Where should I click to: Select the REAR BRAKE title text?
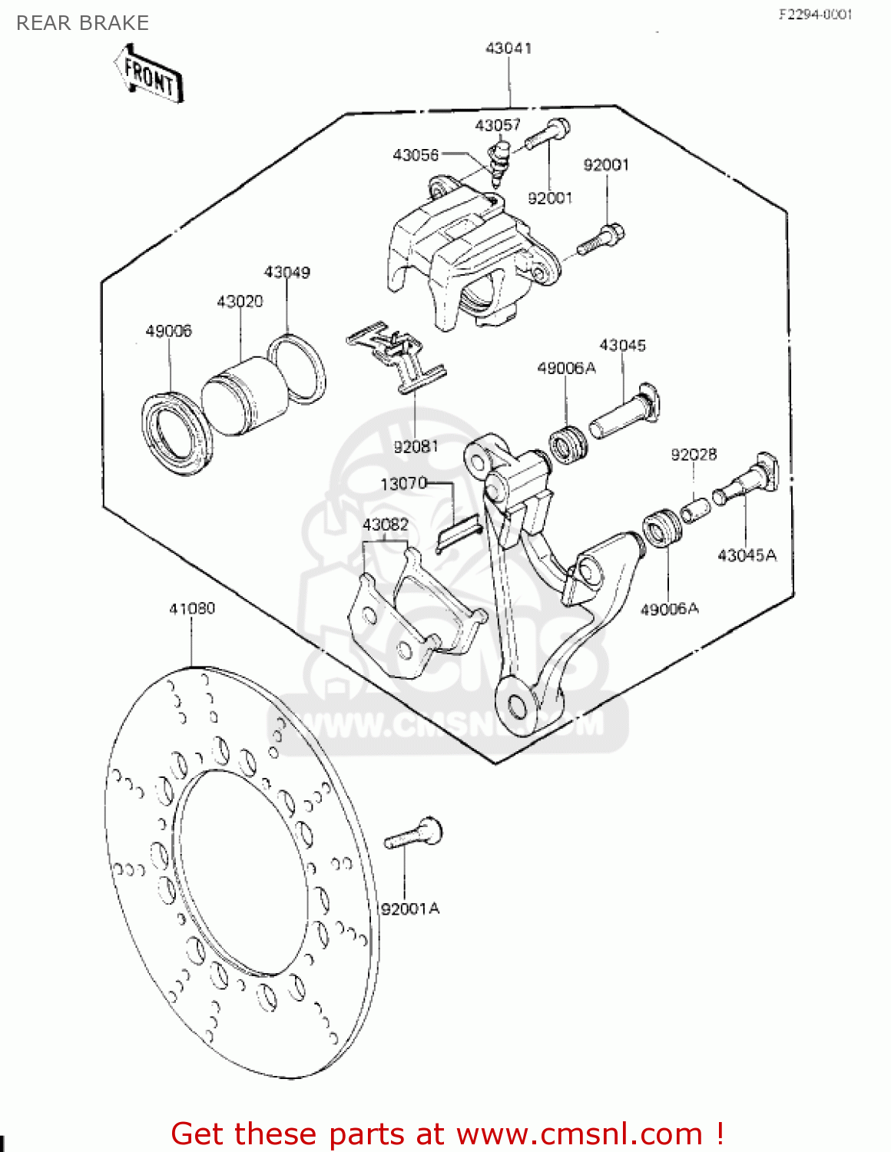(x=82, y=23)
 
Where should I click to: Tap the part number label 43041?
(x=508, y=48)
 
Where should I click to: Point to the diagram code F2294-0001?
(x=815, y=14)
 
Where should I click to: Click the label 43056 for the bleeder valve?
(x=416, y=155)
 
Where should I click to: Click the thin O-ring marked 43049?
(x=296, y=369)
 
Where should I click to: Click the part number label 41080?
(x=192, y=608)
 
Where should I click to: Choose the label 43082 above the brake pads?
(x=385, y=525)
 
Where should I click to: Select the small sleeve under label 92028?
(x=695, y=509)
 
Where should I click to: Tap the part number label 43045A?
(x=747, y=554)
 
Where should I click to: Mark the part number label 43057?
(x=498, y=125)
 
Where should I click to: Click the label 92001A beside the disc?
(x=410, y=909)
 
